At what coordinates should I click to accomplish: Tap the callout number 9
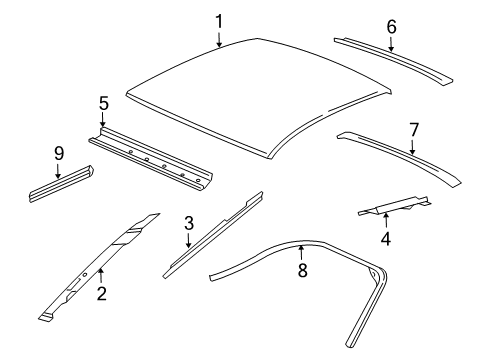58,154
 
